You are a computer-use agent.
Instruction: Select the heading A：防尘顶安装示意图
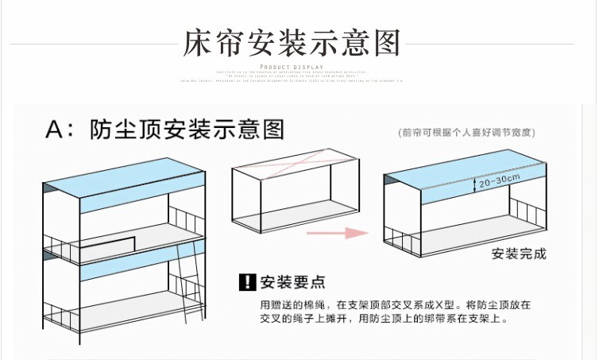coord(165,129)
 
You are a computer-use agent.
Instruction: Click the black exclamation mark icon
coord(247,282)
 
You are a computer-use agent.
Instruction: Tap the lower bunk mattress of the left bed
coord(119,310)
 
